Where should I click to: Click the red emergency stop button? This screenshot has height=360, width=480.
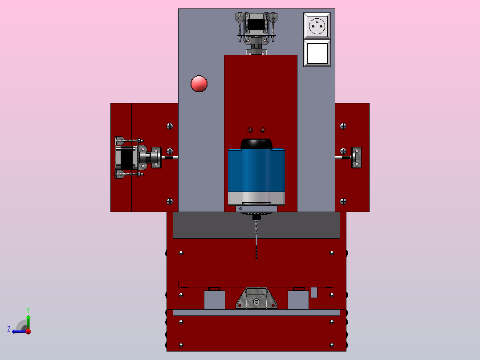199,84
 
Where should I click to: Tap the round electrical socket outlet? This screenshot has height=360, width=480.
317,26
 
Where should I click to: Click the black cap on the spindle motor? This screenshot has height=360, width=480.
256,144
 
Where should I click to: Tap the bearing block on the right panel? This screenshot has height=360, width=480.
356,157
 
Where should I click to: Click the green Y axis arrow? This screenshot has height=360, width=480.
28,322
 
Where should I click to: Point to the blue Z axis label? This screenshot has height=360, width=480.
9,329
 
